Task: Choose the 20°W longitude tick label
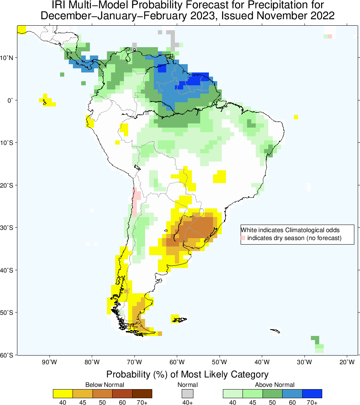pos(347,363)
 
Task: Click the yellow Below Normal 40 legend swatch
pos(63,393)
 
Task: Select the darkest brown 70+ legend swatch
pos(142,393)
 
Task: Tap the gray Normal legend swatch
pos(187,393)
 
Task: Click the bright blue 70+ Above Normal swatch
pos(312,393)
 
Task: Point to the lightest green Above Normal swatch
pos(233,393)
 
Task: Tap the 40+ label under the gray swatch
pos(187,402)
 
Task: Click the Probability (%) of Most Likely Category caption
pos(187,374)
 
